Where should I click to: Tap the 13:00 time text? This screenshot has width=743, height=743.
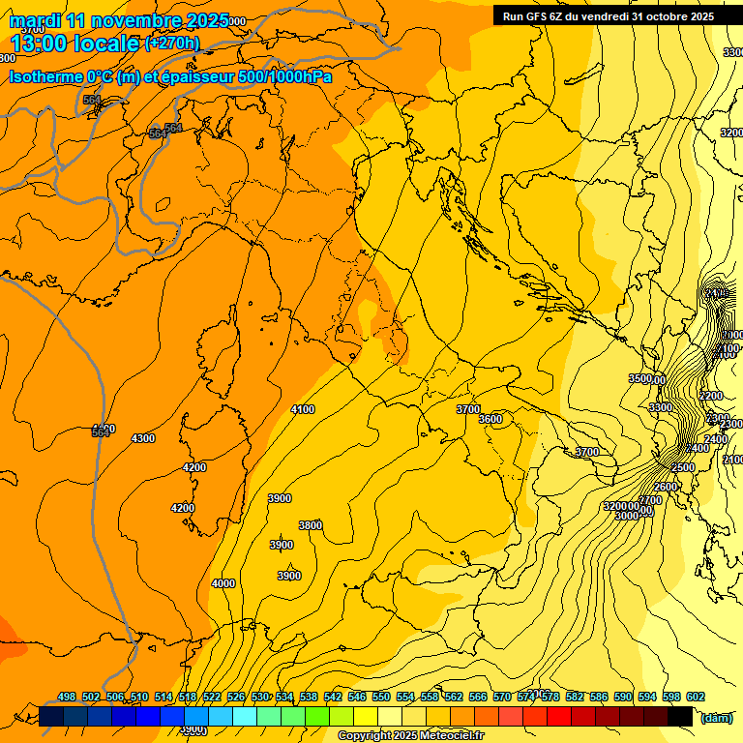[43, 44]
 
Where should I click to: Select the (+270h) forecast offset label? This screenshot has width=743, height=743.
[172, 44]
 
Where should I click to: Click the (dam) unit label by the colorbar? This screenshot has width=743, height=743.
[716, 717]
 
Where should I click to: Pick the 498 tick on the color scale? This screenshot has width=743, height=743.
[67, 698]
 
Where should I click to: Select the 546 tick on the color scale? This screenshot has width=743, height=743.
[357, 698]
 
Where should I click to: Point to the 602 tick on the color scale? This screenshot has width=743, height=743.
[696, 698]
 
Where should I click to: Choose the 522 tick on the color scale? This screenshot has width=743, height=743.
[212, 698]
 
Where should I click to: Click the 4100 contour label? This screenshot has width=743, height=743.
[303, 410]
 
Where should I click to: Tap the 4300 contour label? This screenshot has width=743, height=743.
[143, 439]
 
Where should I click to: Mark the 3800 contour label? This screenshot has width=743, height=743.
[311, 525]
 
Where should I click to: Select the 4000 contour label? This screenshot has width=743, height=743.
[223, 583]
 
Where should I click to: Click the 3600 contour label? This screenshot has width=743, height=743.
[490, 419]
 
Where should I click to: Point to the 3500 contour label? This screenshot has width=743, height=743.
[639, 379]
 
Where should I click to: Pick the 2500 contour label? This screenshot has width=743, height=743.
[683, 468]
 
